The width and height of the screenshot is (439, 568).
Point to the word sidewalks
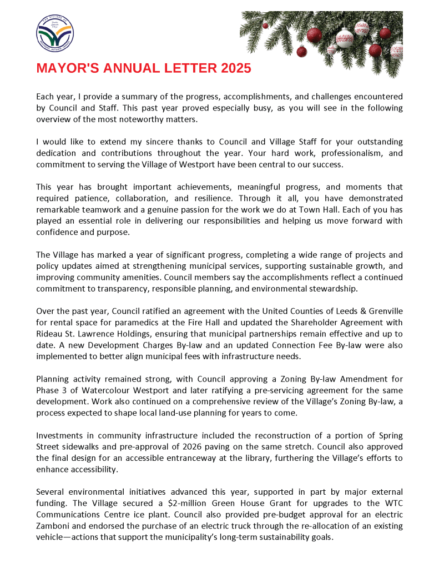tap(83, 447)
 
